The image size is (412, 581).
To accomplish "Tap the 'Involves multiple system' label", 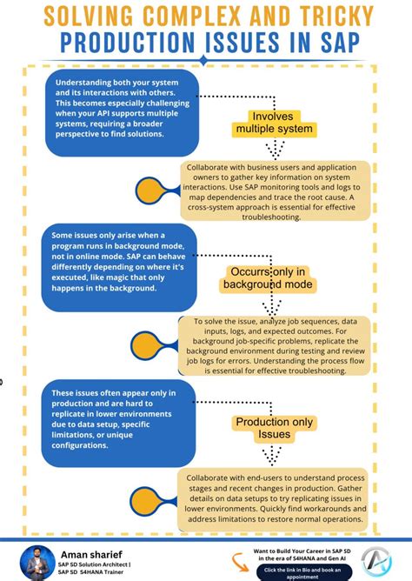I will pos(275,124).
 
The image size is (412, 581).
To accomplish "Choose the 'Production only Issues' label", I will pos(274,429).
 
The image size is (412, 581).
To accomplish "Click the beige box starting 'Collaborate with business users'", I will pos(277,191).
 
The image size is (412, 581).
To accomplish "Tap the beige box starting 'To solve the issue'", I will pos(276,345).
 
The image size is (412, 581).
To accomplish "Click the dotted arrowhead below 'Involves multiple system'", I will pos(275,151).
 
